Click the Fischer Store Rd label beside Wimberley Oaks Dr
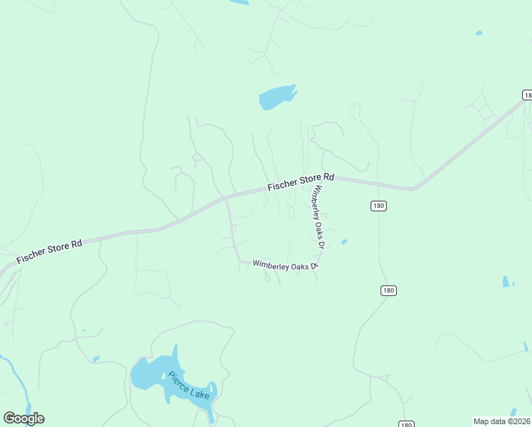pos(301,181)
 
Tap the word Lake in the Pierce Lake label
pos(200,391)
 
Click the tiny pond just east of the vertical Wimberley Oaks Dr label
pos(344,242)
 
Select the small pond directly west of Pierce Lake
pos(96,359)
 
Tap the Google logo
pos(23,418)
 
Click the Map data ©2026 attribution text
pos(502,421)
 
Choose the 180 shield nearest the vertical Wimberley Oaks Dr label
pos(378,206)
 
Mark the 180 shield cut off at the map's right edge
pos(527,95)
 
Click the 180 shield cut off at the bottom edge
pos(405,424)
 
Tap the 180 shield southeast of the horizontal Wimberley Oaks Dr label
pos(388,290)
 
